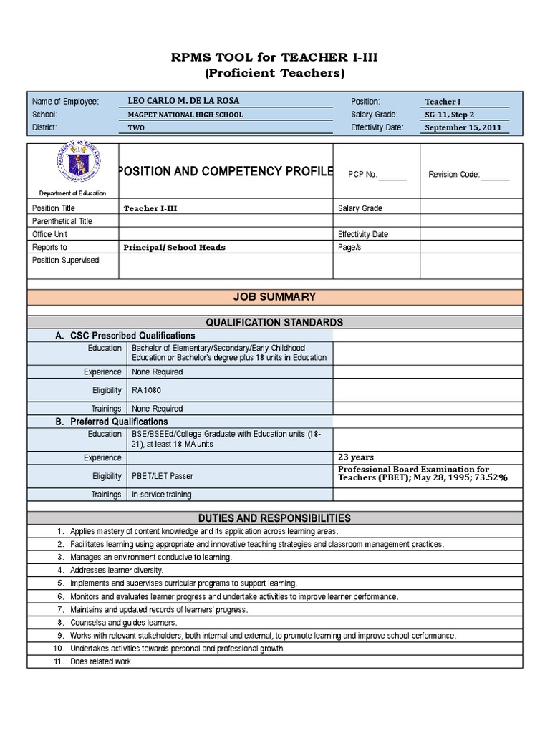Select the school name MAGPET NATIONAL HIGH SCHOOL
tap(185, 115)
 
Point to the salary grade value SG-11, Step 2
tap(450, 115)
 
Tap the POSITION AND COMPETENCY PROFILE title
tap(226, 171)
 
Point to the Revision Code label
tap(454, 174)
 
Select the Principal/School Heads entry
tap(174, 247)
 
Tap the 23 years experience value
tap(355, 457)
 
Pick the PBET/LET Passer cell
tap(162, 476)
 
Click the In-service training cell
tap(161, 495)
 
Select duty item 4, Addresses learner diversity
tap(117, 570)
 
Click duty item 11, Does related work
tap(102, 661)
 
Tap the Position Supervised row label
tap(65, 260)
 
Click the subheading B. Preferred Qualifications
tap(112, 422)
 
